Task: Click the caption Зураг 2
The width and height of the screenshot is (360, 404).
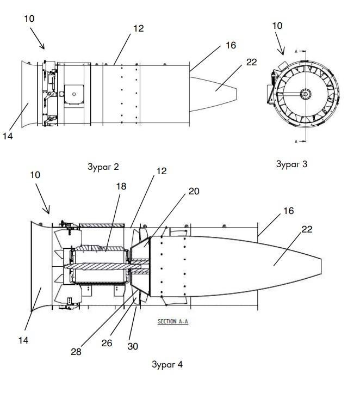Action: [103, 167]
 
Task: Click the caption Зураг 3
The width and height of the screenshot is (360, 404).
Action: [291, 164]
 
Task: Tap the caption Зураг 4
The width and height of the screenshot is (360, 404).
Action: [167, 364]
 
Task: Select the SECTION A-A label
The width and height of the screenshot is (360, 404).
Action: [173, 321]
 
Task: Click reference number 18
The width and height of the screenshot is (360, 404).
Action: [121, 186]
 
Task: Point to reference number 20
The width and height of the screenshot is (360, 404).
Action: [194, 191]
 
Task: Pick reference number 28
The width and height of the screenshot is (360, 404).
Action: [76, 352]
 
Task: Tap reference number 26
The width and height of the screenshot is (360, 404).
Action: [107, 343]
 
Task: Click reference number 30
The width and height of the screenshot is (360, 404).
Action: [133, 346]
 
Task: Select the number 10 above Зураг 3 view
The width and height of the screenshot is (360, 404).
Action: [277, 26]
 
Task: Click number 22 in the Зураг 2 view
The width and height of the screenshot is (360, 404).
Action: [251, 62]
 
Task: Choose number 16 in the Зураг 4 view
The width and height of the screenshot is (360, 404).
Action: [288, 211]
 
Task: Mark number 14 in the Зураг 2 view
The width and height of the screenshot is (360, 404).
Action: [8, 136]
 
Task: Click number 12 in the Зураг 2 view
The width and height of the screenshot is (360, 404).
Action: [139, 28]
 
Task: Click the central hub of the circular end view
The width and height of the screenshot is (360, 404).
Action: [306, 94]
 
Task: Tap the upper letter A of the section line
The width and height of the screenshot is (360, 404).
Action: [296, 52]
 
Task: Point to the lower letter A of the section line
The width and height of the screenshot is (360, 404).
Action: [296, 142]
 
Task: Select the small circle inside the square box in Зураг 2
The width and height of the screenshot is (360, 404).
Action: [74, 94]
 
